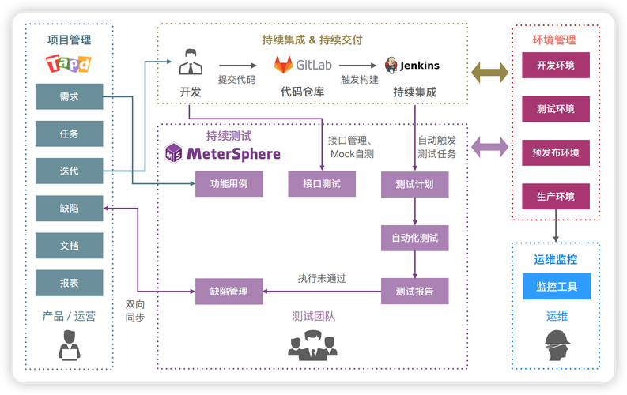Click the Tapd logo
69,63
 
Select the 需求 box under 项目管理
69,96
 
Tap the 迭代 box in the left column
69,171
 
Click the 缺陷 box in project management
69,208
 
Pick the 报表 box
69,282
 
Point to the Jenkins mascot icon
391,66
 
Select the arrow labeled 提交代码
237,66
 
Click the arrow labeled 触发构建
358,66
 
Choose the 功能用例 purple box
229,183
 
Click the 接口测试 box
322,183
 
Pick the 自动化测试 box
414,237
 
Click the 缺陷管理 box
229,292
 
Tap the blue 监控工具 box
557,286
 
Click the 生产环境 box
556,196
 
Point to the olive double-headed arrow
489,73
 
